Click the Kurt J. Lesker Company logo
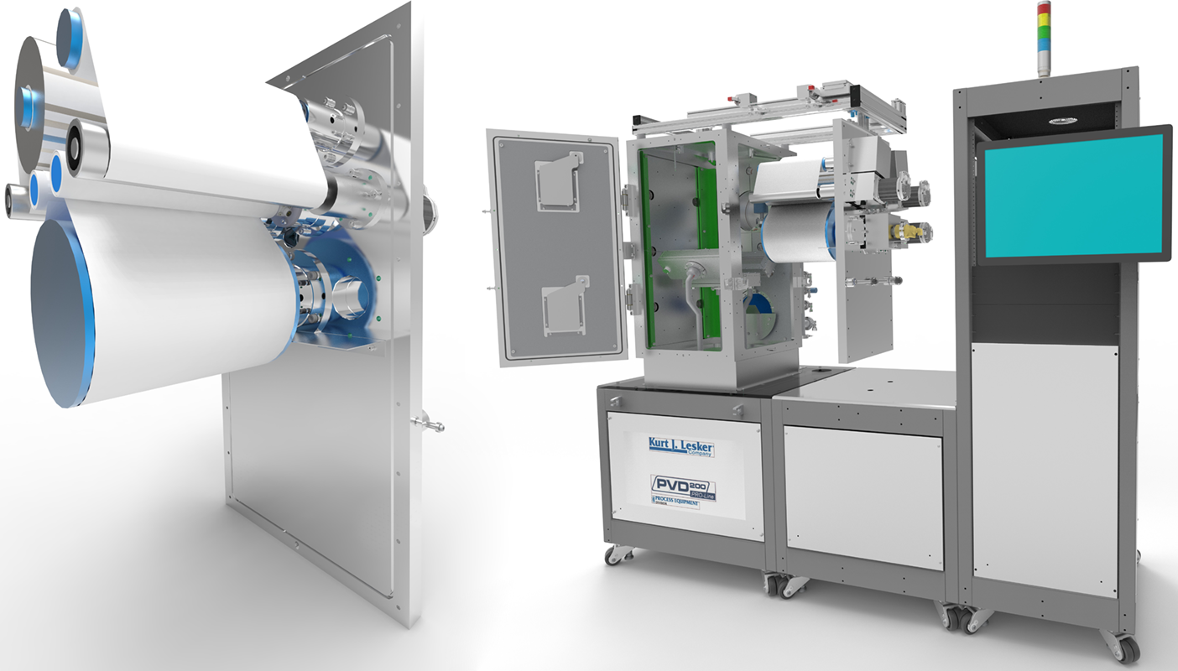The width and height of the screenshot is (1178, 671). click(x=680, y=447)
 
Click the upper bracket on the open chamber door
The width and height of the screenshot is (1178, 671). click(x=558, y=181)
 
